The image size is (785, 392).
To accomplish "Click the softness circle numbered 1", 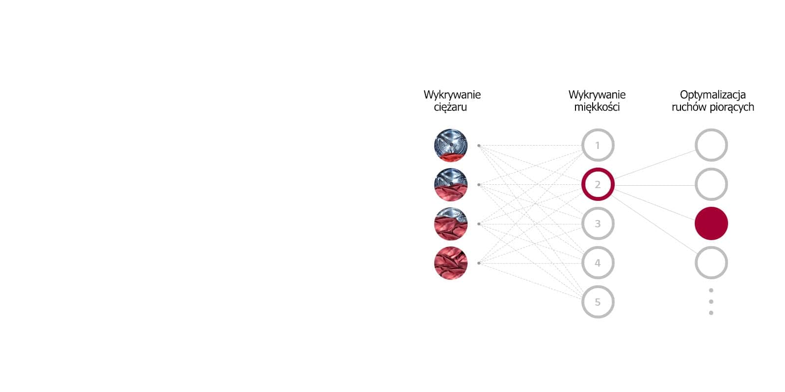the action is click(598, 145).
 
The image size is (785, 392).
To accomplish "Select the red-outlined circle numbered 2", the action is click(598, 184).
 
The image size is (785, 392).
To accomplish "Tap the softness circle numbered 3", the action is click(598, 223).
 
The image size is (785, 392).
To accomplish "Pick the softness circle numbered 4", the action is click(598, 263).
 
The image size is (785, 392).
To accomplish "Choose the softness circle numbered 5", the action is click(598, 302).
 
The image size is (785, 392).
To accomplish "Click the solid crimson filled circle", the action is click(711, 223).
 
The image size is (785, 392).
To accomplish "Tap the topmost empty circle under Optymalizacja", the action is click(711, 145).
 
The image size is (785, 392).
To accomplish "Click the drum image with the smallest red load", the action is click(450, 145).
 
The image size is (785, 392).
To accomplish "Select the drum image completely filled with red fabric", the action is click(450, 263).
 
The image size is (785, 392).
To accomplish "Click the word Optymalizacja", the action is click(712, 95).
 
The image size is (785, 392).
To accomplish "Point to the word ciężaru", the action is click(450, 107).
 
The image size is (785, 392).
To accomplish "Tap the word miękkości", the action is click(597, 107).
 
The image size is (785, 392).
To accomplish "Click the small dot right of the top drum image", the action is click(479, 146).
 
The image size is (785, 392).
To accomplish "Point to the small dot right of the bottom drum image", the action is click(479, 263).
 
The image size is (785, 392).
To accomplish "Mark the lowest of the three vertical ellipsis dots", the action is click(711, 313).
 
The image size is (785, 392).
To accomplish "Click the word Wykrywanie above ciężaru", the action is click(452, 95).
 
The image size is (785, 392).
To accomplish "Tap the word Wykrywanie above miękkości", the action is click(597, 95).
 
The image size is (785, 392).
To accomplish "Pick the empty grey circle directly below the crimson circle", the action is click(711, 263).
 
